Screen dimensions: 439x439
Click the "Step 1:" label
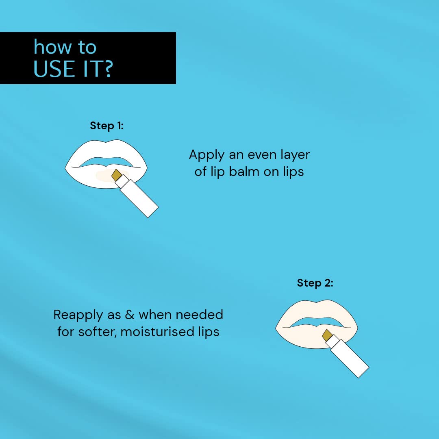[x=106, y=126]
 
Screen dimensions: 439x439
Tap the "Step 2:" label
[x=315, y=283]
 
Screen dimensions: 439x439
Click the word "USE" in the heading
[x=54, y=69]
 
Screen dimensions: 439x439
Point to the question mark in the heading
[x=106, y=69]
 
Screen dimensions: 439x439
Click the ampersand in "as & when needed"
[x=130, y=315]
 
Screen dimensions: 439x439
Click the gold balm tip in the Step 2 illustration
[x=327, y=335]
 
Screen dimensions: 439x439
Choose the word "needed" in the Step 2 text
[x=202, y=315]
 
